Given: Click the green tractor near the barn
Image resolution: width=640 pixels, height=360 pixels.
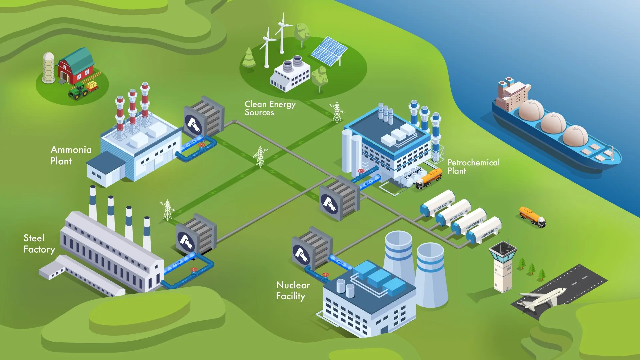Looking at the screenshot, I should [78, 91].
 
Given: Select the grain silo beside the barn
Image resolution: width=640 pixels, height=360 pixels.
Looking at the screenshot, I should [49, 68].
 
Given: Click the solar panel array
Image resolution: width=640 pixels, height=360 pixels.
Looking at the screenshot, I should [329, 51].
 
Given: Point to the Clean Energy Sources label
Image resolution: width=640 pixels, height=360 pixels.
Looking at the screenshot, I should [270, 108].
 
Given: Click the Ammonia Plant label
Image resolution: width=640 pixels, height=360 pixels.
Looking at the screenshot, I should [71, 155].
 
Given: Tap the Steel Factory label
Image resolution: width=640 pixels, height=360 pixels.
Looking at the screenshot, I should [39, 244].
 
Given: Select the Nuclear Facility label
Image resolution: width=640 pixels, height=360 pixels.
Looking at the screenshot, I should [293, 290].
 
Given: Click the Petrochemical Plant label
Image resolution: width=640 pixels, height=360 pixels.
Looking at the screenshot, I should [473, 167].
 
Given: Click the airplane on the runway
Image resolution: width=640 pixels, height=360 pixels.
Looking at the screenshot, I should [542, 298].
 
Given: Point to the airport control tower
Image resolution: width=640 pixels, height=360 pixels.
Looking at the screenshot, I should [503, 267].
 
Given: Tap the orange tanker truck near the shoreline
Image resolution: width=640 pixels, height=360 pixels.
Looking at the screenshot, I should [532, 216].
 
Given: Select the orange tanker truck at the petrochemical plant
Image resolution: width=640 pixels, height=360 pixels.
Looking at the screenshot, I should [429, 179].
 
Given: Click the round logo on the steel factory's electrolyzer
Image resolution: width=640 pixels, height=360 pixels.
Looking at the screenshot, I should [186, 242].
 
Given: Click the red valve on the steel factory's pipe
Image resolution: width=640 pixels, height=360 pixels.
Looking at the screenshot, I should [194, 270].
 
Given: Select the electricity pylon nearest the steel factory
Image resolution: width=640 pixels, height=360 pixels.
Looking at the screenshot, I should [167, 210].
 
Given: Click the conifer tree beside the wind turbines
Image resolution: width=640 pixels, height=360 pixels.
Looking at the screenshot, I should [249, 57].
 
